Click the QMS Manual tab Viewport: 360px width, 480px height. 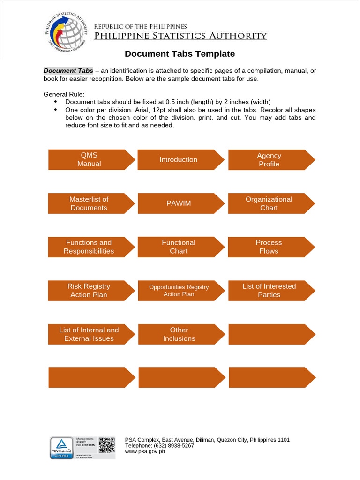89,160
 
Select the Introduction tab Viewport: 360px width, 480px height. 179,160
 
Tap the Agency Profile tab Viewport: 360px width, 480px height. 269,160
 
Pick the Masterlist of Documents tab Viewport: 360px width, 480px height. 89,203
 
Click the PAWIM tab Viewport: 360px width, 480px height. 179,203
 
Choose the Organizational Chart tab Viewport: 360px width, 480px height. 269,203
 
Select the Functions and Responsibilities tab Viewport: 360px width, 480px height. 89,247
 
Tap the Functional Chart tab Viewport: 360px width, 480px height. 179,247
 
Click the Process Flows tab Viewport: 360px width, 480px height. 269,247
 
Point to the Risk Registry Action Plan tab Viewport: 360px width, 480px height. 89,291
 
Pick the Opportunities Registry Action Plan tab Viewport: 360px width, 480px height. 179,291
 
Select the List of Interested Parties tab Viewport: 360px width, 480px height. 269,291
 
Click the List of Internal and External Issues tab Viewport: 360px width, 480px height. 89,334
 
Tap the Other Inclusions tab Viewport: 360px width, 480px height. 179,334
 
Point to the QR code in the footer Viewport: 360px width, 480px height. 107,444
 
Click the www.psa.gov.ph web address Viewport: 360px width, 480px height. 145,452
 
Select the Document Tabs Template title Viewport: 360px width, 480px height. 180,54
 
